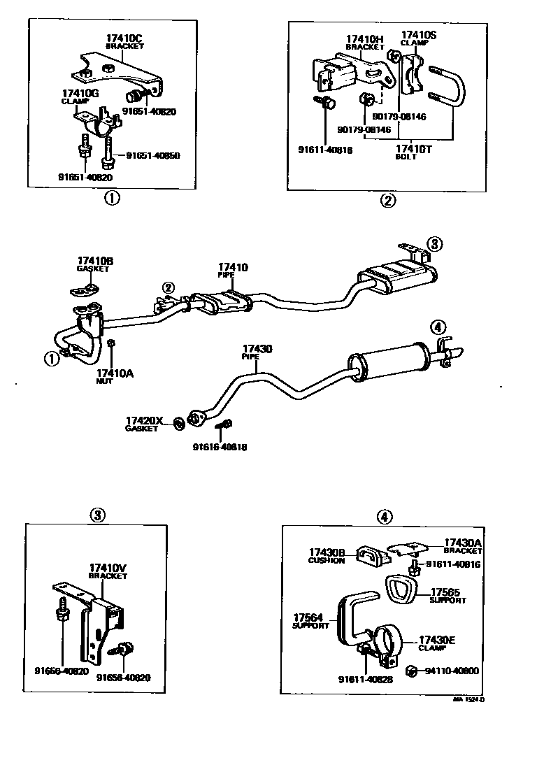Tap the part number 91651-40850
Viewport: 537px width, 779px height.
[155, 155]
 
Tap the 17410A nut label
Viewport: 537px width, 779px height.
[114, 374]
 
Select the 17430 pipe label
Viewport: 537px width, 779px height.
[257, 349]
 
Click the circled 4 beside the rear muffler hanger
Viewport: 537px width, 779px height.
[437, 326]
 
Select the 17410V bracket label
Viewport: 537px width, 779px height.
[108, 567]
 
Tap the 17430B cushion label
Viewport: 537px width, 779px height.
[327, 552]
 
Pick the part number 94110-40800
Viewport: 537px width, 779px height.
[451, 671]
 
